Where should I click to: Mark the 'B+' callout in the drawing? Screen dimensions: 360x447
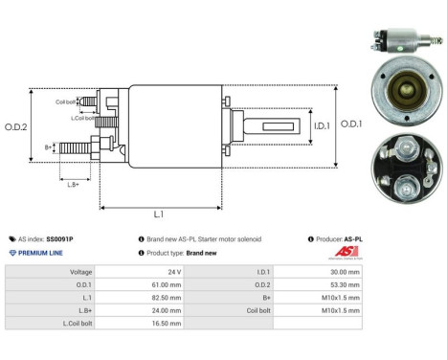point(49,146)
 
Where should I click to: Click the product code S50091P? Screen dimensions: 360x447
point(59,238)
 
